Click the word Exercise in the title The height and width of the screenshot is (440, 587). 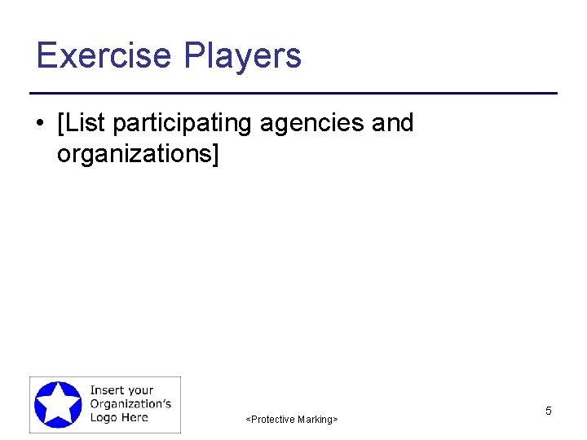coord(104,55)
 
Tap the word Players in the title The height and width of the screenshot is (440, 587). coord(242,55)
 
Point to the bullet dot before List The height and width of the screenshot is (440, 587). coord(40,124)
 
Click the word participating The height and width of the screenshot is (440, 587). coord(183,124)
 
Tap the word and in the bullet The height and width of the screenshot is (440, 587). coord(392,123)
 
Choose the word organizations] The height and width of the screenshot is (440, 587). coord(138,152)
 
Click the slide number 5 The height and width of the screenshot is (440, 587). coord(549,411)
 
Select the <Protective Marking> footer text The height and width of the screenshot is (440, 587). coord(292,420)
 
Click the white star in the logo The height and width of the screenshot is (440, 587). coord(58,403)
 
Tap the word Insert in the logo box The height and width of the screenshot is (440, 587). coord(107,390)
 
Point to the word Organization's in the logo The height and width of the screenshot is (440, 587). coord(130,403)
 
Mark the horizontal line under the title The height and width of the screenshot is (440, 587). coord(293,94)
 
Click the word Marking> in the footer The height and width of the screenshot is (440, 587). coord(316,420)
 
